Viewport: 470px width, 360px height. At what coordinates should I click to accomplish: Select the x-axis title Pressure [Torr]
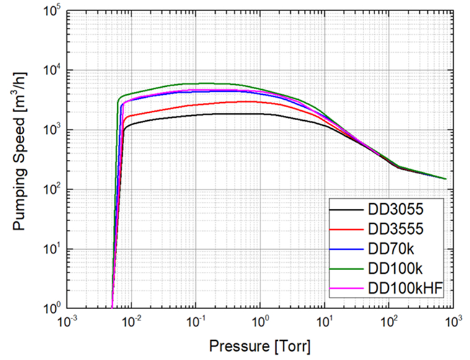[x=260, y=343]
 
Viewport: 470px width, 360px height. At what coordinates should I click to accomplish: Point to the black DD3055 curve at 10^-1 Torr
[x=196, y=114]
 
